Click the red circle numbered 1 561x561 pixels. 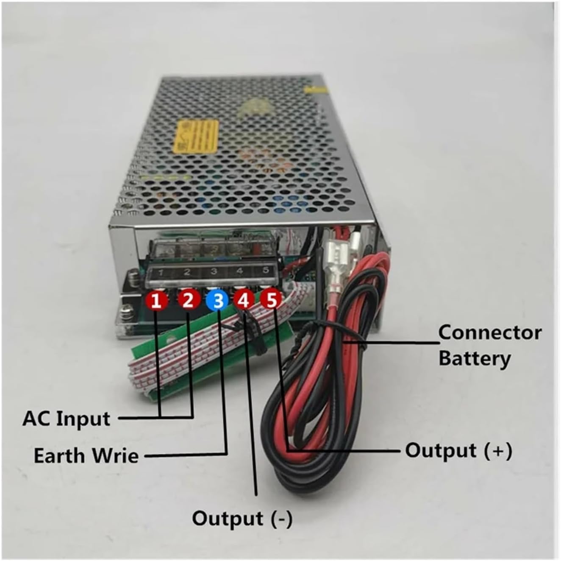[156, 301]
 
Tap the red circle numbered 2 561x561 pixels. [188, 300]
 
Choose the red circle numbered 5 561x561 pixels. [270, 300]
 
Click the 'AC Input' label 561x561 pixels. [66, 419]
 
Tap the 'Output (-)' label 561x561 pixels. [242, 519]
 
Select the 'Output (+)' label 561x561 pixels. [458, 450]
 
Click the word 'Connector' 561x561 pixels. [490, 333]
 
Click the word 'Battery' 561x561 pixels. [474, 358]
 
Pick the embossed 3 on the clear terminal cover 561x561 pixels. [214, 271]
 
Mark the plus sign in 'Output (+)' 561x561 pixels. [499, 450]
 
